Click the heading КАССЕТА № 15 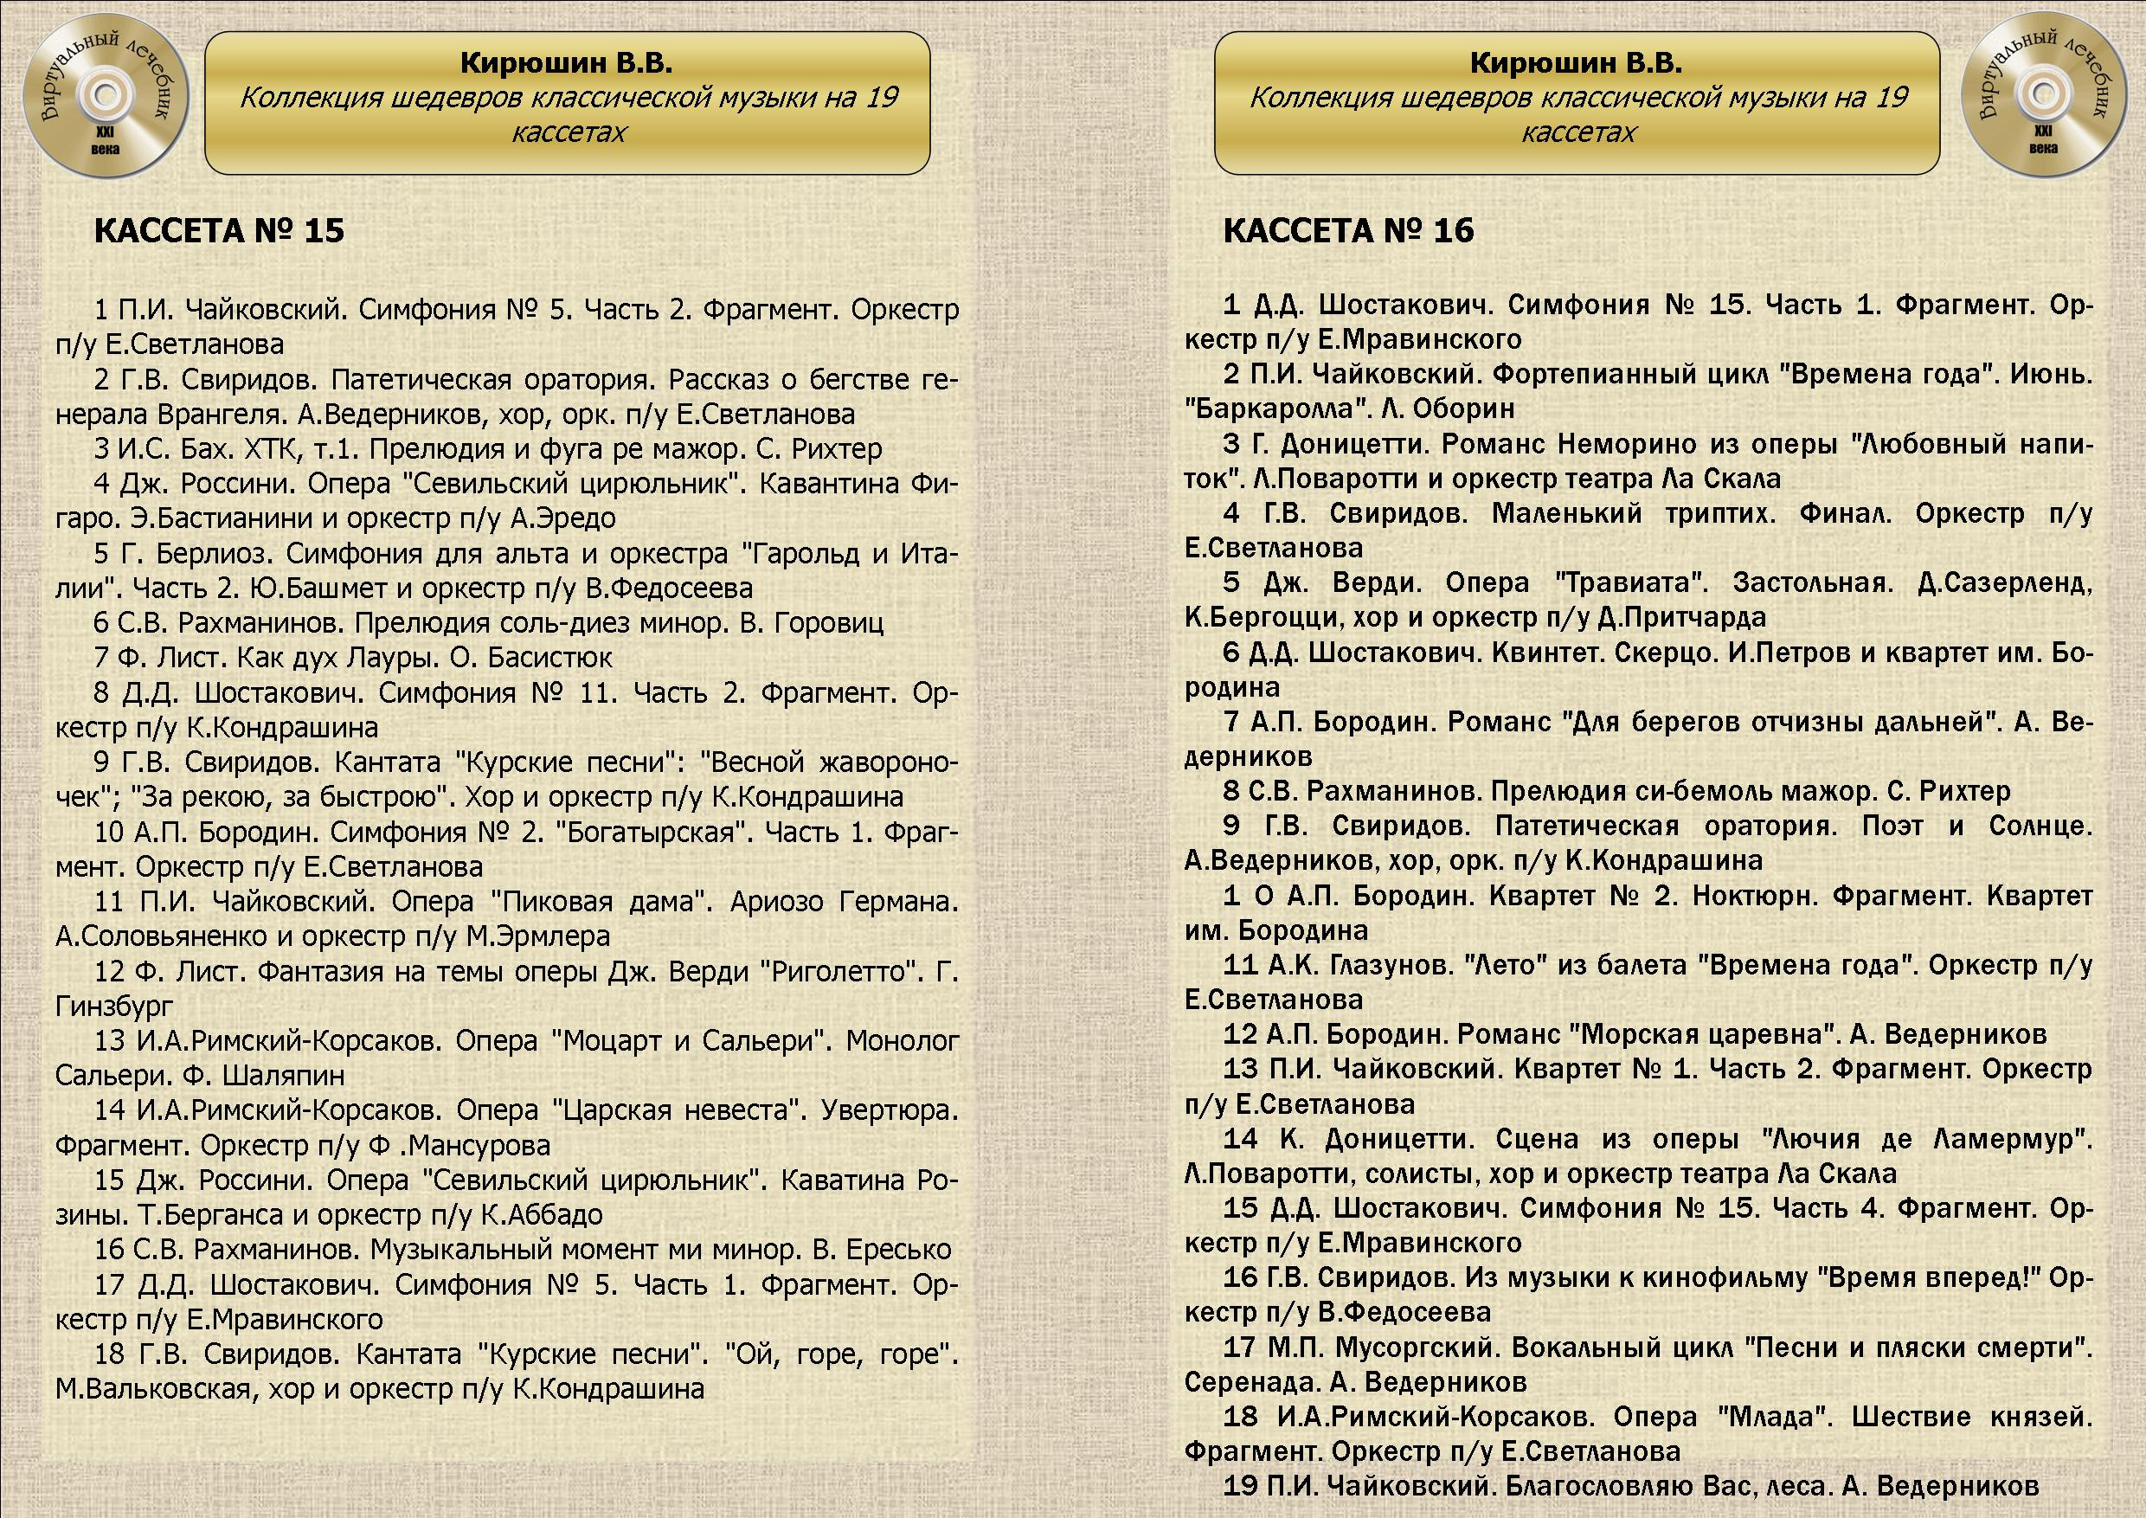point(219,231)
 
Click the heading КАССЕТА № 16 point(1348,231)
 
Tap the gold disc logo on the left point(105,104)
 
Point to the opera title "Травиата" point(1631,583)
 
